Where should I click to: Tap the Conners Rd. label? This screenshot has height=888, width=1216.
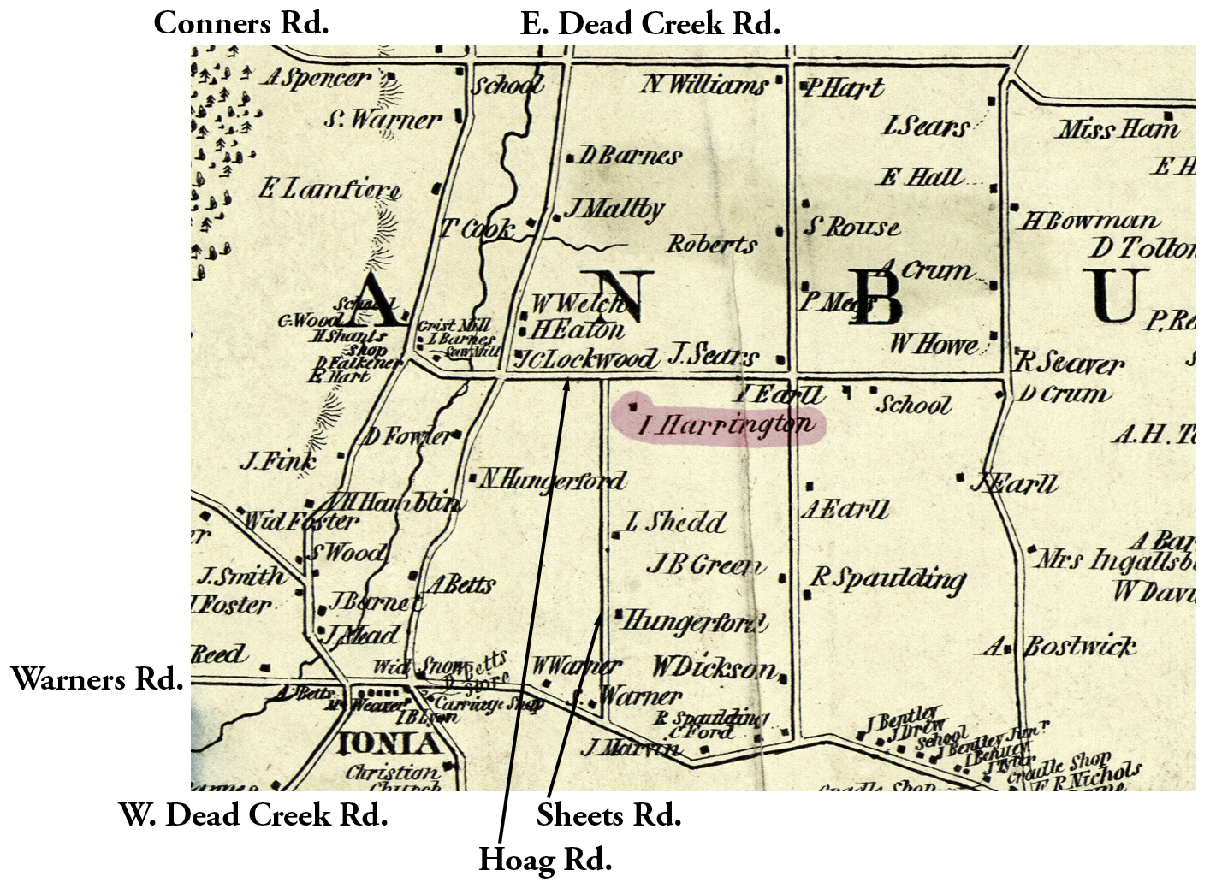click(240, 23)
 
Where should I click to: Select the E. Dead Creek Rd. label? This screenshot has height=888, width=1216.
click(650, 23)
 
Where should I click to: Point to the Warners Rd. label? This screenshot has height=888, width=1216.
click(97, 679)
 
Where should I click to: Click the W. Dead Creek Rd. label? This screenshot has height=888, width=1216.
click(253, 814)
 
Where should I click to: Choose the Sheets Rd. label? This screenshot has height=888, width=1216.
click(608, 814)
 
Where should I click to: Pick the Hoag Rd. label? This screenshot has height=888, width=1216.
click(545, 859)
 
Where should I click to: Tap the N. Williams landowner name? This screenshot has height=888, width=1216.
click(704, 84)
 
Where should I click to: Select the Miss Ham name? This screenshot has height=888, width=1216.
click(1118, 129)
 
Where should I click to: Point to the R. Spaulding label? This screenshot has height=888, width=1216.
click(887, 579)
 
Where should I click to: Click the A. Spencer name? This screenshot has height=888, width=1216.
click(317, 78)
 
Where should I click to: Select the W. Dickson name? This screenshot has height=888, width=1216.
click(715, 667)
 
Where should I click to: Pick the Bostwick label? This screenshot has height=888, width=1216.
click(1080, 647)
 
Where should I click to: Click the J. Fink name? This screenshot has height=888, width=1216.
click(277, 462)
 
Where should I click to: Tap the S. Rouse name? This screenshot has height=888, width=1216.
click(851, 227)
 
